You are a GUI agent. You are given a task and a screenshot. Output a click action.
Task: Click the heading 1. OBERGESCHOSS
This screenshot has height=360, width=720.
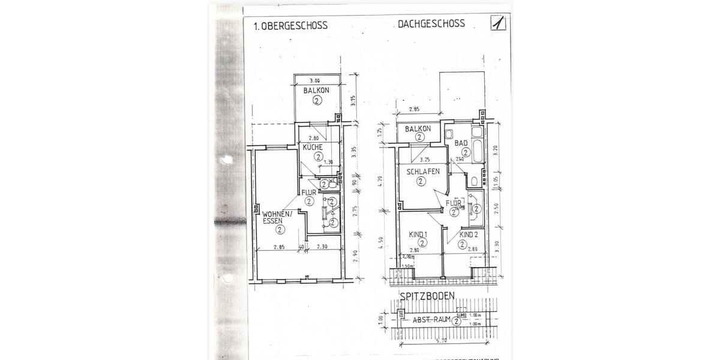(290, 26)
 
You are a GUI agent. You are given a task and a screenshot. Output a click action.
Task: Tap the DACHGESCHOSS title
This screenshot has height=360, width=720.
(431, 25)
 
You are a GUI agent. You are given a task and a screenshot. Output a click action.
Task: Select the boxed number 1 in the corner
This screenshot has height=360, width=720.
(497, 23)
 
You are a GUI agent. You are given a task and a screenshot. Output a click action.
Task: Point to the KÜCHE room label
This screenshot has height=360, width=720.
(313, 147)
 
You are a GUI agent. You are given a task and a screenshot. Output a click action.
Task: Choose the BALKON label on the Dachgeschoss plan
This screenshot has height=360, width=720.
(418, 130)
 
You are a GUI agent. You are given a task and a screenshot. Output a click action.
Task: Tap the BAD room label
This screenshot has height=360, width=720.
(461, 143)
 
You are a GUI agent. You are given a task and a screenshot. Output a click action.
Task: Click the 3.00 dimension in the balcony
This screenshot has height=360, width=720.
(315, 80)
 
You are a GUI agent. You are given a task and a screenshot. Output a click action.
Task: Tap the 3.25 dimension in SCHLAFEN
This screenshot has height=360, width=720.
(425, 160)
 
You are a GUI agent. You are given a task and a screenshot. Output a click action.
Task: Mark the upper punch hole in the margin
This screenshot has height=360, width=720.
(226, 160)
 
